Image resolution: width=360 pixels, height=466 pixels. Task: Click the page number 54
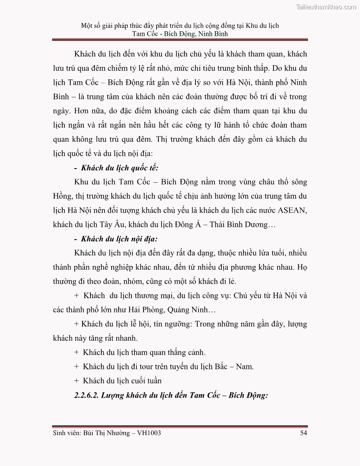(303, 433)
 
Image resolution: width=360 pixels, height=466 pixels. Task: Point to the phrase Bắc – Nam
(237, 366)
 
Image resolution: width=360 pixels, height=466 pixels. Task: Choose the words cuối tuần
(146, 380)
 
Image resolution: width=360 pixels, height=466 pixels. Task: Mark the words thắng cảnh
(189, 352)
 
